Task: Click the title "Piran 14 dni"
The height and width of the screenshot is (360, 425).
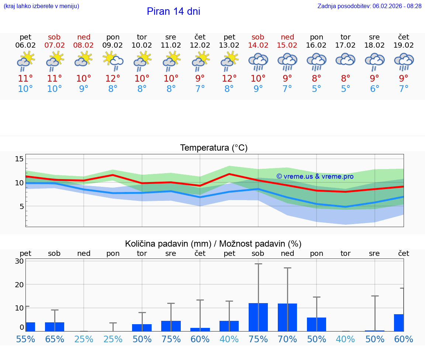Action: (173, 11)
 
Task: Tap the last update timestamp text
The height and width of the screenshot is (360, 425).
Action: (369, 6)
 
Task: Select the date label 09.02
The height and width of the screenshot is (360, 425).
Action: (113, 45)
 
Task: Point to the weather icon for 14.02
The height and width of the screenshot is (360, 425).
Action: (258, 62)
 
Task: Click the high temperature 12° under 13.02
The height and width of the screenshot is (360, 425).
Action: (229, 79)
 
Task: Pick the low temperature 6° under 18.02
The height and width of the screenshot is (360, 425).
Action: (374, 89)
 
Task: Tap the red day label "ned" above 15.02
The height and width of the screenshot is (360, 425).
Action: (287, 37)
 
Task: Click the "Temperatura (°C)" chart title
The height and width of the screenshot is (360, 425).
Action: (214, 148)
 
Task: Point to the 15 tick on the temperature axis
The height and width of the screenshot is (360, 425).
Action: (19, 159)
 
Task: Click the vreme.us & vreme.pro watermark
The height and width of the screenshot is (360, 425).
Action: (315, 176)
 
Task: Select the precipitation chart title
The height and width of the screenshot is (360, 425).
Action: (213, 244)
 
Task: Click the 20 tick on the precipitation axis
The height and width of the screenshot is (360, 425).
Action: (19, 284)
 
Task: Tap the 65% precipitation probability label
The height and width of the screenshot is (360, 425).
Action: (55, 339)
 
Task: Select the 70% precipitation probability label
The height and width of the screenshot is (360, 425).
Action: (287, 339)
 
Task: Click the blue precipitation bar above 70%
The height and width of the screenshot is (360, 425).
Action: (287, 317)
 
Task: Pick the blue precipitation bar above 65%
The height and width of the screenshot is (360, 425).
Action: (55, 327)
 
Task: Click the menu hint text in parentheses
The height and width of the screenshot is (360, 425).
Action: (41, 6)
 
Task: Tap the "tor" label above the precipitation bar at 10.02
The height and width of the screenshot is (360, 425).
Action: (142, 253)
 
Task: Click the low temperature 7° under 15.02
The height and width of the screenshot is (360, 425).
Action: (287, 89)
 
